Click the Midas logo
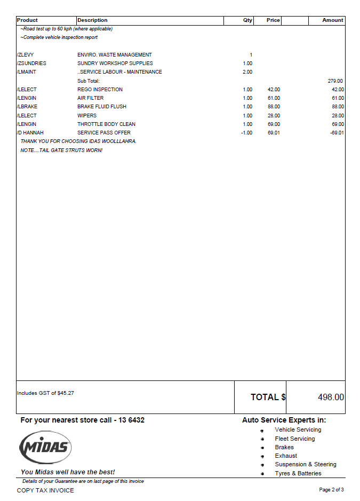pos(45,447)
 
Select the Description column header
pos(92,20)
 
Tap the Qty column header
pos(247,20)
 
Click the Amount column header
pos(332,20)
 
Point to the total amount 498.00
pos(331,397)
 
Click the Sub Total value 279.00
pos(335,81)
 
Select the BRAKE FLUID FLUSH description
pos(102,107)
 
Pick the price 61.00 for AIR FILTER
pos(274,98)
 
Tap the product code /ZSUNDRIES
pos(31,63)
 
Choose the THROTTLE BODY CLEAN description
pos(106,124)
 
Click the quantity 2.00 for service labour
pos(247,72)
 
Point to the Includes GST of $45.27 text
pos(45,393)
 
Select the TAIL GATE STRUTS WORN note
pos(61,150)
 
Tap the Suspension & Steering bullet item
pos(306,465)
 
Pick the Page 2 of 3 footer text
pos(331,490)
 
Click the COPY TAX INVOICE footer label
pos(45,490)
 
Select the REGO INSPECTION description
pos(100,90)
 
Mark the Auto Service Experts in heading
pos(284,420)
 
